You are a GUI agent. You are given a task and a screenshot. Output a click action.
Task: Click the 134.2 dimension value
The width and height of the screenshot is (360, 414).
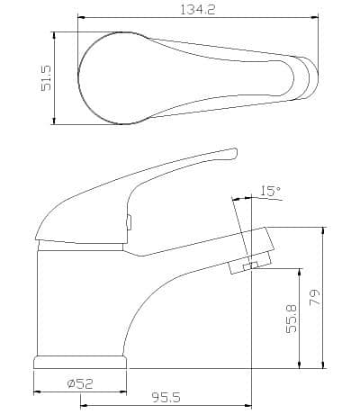(198, 10)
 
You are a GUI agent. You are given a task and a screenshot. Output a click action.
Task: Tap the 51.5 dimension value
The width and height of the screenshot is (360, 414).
(47, 78)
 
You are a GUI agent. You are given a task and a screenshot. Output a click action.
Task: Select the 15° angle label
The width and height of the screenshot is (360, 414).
(270, 191)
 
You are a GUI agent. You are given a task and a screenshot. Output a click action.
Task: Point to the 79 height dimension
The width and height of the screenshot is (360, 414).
(315, 297)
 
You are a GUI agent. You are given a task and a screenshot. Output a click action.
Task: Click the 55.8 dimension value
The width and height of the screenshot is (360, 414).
(292, 319)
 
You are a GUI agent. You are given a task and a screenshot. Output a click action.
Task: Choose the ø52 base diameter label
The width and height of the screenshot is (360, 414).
(80, 383)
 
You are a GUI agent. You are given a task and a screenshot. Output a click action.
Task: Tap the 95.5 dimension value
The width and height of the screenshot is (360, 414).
(166, 398)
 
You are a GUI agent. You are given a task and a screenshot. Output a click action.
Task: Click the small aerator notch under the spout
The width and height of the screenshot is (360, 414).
(250, 265)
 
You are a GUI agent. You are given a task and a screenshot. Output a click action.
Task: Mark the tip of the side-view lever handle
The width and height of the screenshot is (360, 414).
(236, 152)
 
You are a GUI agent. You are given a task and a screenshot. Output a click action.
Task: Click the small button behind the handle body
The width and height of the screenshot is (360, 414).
(129, 222)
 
